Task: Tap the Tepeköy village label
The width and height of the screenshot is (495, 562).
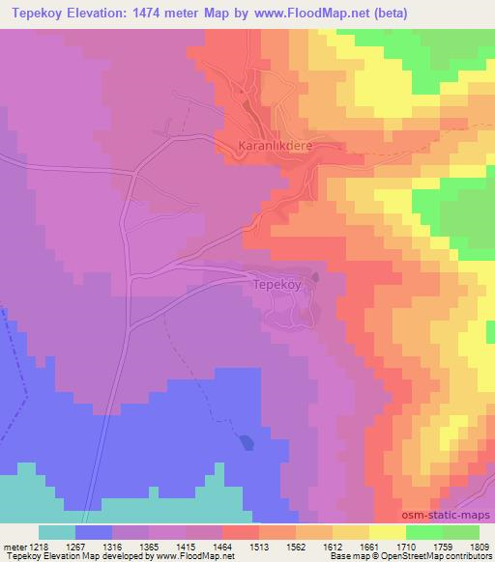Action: tap(279, 286)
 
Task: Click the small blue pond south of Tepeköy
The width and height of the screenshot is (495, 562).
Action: tap(247, 442)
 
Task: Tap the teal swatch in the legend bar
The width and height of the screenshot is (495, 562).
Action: tap(56, 531)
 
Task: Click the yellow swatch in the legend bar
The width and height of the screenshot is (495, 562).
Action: tap(387, 531)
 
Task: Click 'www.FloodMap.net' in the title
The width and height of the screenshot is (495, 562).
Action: tap(301, 14)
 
